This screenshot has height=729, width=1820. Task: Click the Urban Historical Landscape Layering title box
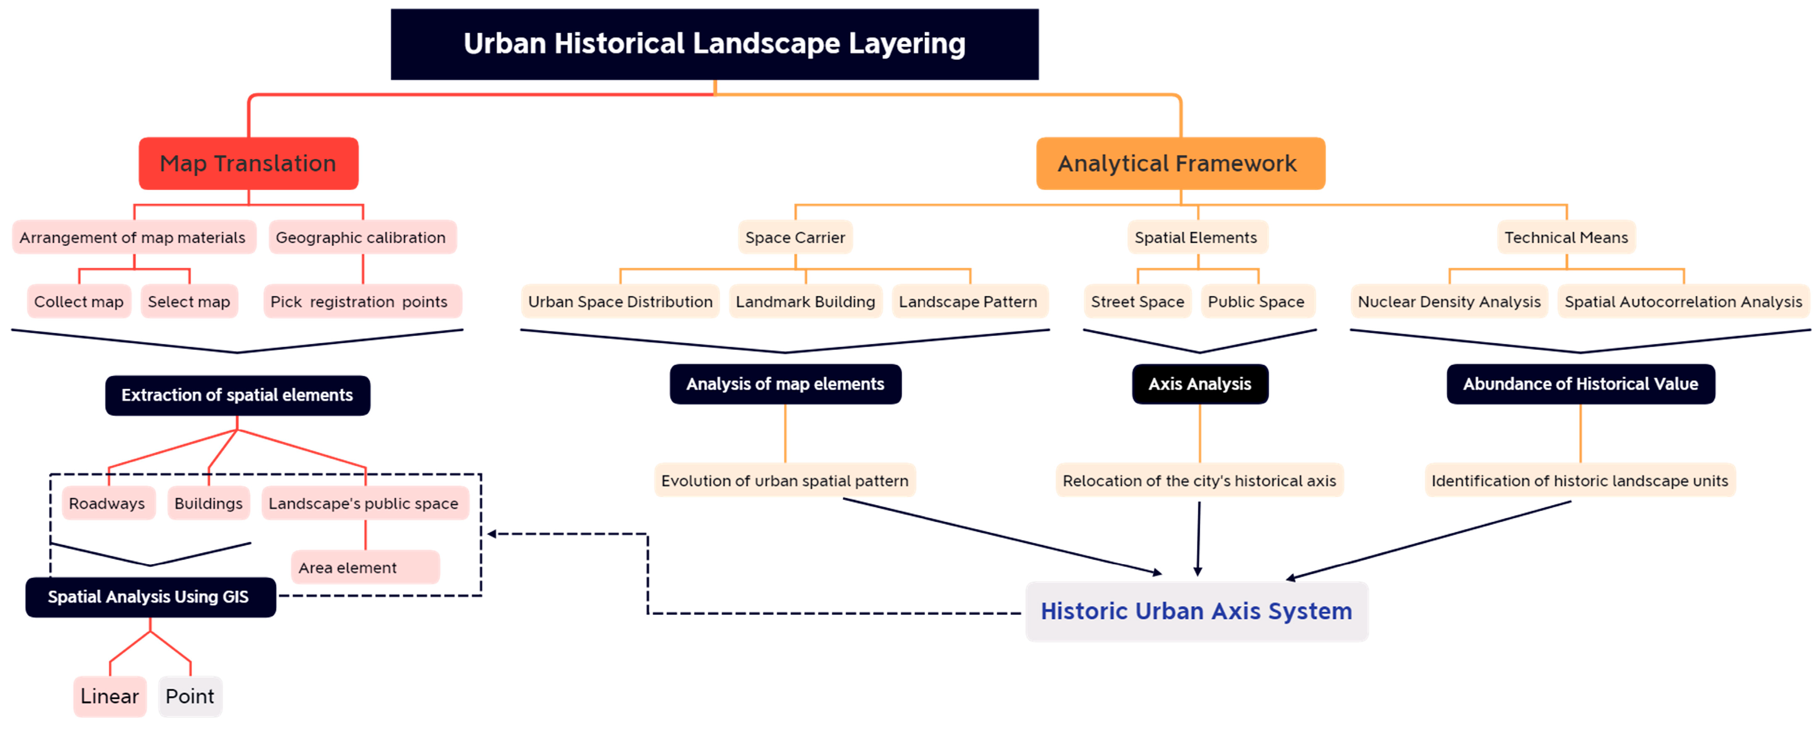(714, 44)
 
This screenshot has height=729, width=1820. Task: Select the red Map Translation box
(248, 163)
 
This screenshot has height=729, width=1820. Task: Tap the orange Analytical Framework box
(1180, 163)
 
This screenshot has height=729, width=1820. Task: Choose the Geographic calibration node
(362, 237)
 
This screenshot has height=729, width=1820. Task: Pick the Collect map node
(79, 302)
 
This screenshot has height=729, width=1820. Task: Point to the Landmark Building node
(805, 302)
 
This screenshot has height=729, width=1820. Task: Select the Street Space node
(1137, 302)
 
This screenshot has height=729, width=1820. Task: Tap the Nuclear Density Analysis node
(1449, 302)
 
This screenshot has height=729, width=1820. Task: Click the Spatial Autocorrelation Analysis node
(1683, 302)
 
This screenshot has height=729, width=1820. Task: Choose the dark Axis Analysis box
(1200, 384)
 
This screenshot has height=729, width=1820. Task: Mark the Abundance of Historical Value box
(1580, 384)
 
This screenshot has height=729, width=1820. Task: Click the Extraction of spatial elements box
(237, 395)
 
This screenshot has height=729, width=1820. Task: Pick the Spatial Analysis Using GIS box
(150, 597)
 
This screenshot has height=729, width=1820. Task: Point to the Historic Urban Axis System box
(1196, 611)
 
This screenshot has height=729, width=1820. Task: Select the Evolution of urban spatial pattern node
(784, 480)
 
